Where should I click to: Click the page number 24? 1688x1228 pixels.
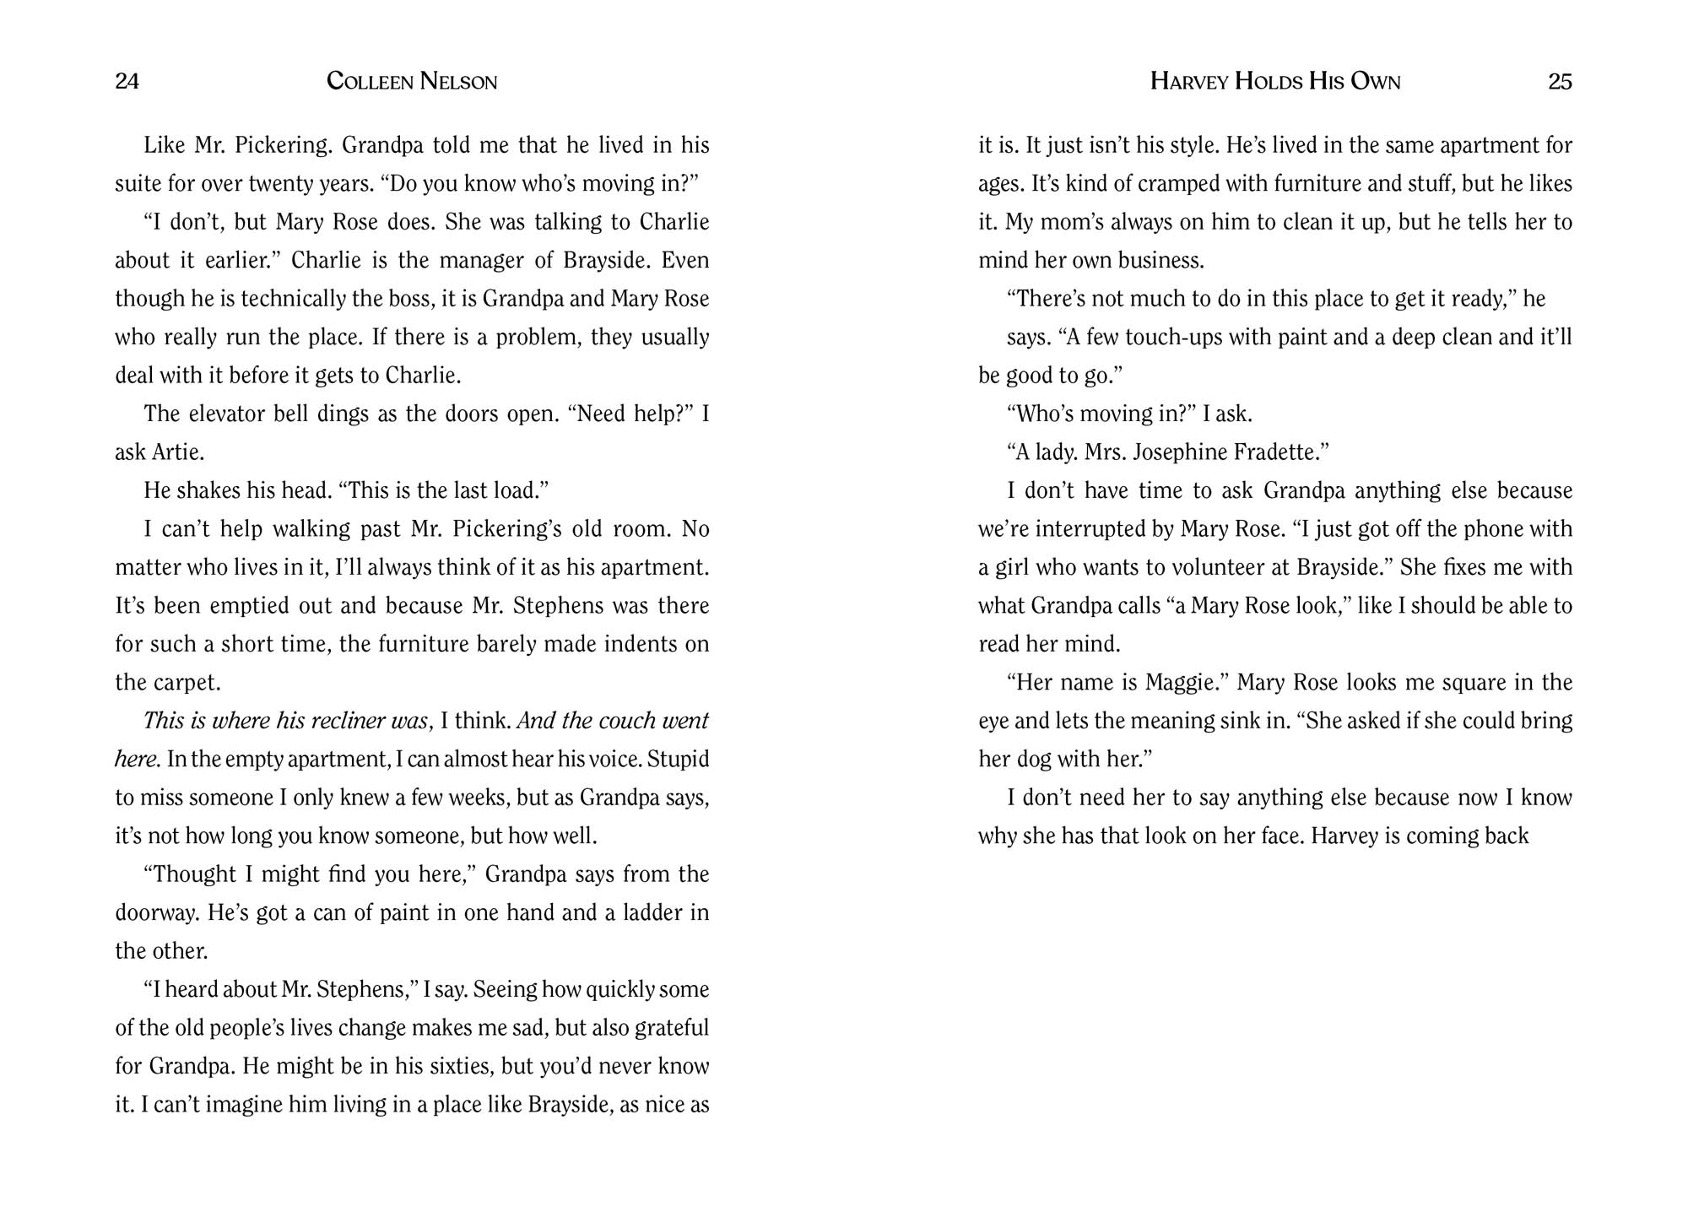pos(127,81)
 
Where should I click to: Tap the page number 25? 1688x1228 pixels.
pos(1560,81)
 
